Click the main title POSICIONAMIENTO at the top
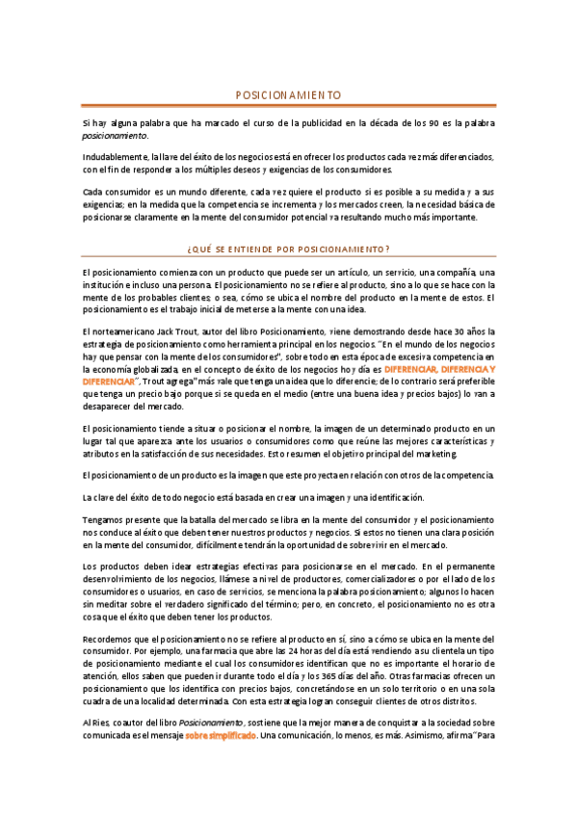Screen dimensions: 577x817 [x=288, y=95]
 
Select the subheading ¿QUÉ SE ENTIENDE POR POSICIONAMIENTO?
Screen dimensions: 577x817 [x=288, y=249]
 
